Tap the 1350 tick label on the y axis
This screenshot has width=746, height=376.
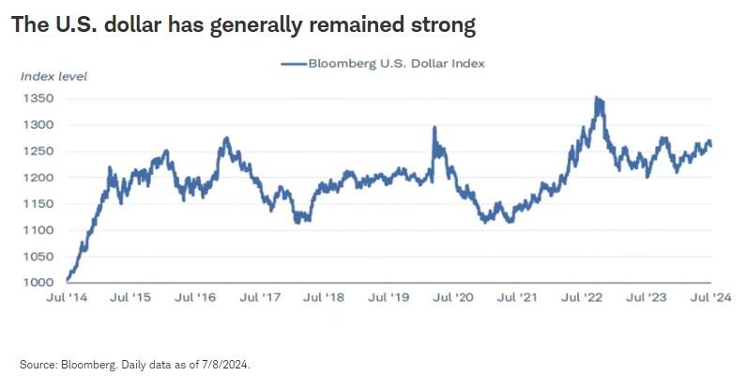click(x=38, y=98)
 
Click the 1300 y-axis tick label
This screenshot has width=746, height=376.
click(x=38, y=125)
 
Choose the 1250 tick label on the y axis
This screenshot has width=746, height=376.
click(x=38, y=151)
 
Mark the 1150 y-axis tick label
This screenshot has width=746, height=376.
click(x=38, y=204)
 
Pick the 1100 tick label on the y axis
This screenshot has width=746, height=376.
click(x=38, y=230)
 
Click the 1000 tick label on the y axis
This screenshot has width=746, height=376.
click(x=38, y=283)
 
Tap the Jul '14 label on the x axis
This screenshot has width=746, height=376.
click(x=68, y=297)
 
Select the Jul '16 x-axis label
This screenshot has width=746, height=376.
click(x=196, y=297)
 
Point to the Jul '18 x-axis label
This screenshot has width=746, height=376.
click(x=325, y=297)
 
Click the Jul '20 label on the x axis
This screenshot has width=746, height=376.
click(x=453, y=297)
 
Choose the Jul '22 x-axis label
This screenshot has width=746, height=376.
click(x=582, y=297)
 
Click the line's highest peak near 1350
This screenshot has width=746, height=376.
click(x=598, y=98)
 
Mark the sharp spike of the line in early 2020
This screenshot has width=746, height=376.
click(x=434, y=128)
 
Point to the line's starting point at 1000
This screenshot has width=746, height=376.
click(x=68, y=280)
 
